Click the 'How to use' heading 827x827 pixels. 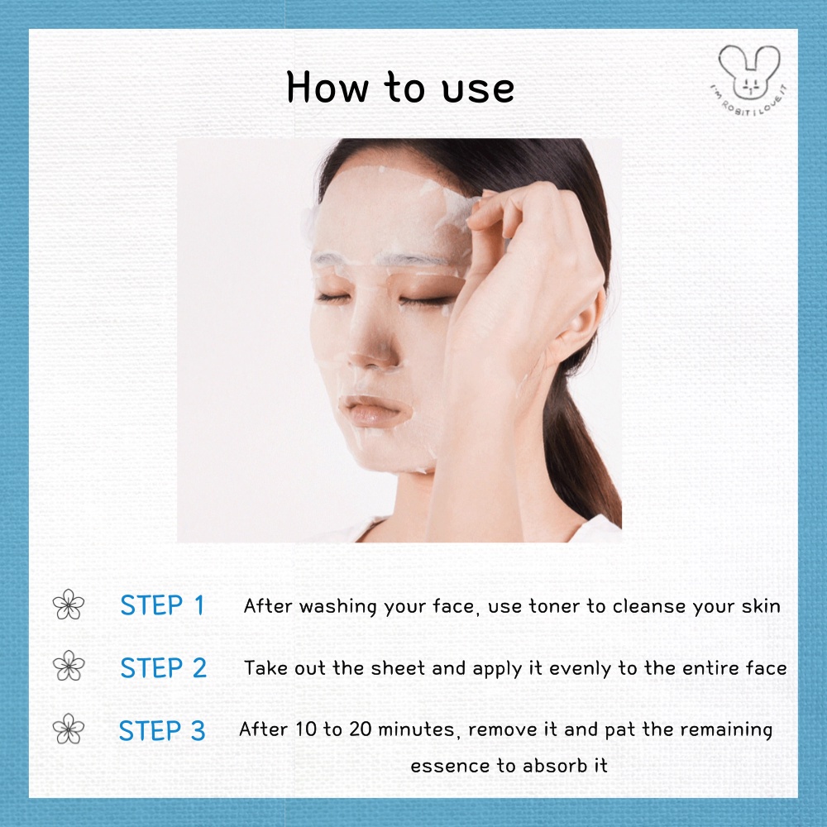[400, 87]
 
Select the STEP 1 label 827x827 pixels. [162, 605]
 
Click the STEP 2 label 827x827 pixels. [163, 667]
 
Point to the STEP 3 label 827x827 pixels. [162, 730]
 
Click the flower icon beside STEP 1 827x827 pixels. [69, 605]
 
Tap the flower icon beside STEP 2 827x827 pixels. [69, 666]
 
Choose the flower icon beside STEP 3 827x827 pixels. [69, 729]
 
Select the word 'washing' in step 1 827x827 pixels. [338, 607]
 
